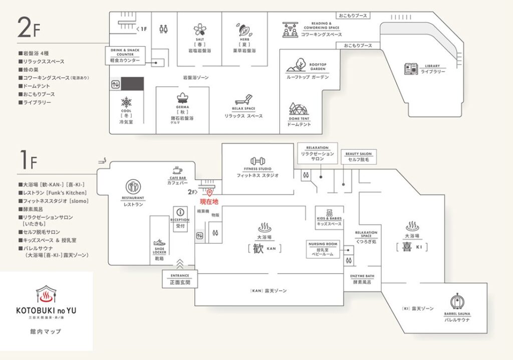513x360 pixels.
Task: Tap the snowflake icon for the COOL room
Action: pos(126,102)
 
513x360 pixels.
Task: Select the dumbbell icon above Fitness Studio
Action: pos(258,161)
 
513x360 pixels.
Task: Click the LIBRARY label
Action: pos(432,66)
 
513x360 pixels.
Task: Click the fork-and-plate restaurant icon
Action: pos(133,187)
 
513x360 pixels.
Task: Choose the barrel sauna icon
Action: pos(456,302)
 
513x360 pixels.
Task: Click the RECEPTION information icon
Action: pos(180,212)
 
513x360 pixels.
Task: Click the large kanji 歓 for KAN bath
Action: pos(258,249)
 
